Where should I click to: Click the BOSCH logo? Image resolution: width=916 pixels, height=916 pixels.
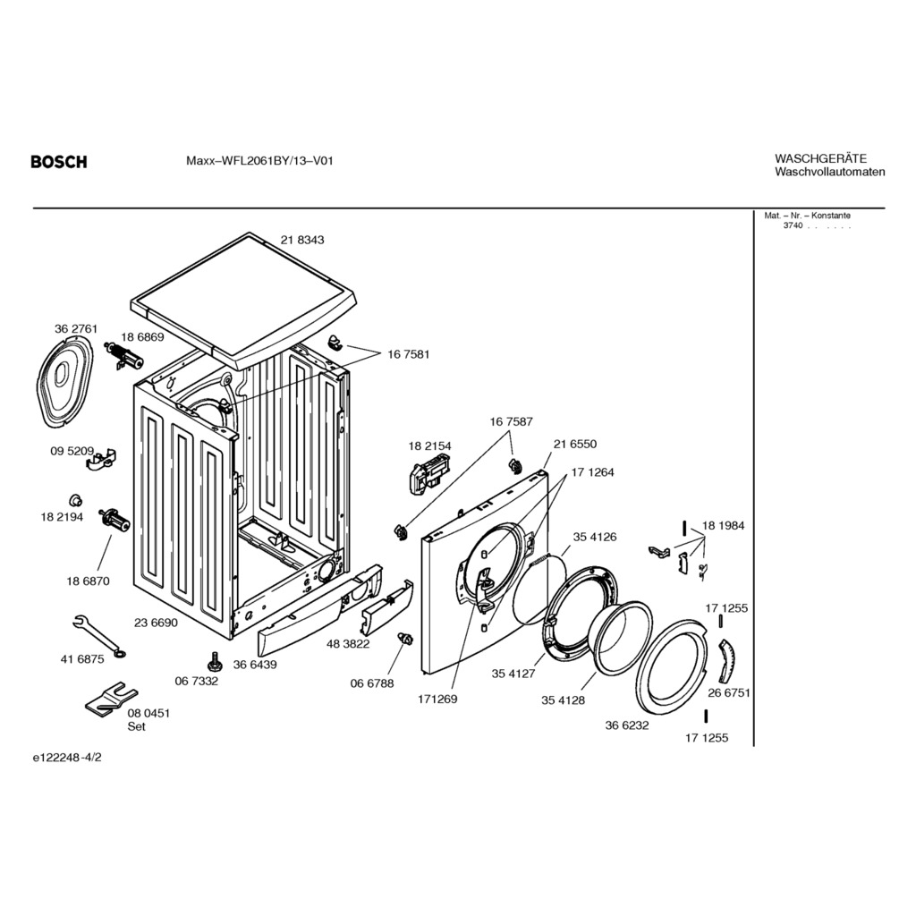[x=59, y=161]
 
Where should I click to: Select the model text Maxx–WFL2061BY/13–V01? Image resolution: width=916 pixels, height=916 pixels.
[x=259, y=161]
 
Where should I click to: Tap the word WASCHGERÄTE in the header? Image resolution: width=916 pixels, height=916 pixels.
[x=821, y=158]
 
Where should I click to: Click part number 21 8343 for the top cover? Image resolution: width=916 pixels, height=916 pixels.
[x=302, y=240]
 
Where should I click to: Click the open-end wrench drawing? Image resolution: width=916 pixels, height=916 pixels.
[x=99, y=636]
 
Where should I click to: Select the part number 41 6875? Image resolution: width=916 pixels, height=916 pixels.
[x=82, y=659]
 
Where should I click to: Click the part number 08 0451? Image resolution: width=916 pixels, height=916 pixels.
[x=149, y=713]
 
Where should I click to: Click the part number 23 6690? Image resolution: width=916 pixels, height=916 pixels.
[x=156, y=623]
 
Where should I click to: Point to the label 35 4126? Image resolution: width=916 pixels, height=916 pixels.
[x=594, y=537]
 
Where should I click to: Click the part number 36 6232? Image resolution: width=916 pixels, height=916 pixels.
[x=627, y=725]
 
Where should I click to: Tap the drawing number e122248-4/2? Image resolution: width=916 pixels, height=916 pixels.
[x=67, y=758]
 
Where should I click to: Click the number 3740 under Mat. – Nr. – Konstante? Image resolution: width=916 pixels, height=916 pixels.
[x=793, y=225]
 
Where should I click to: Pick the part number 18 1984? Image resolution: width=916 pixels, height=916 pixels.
[x=723, y=526]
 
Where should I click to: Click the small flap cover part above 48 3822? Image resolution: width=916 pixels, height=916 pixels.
[x=387, y=607]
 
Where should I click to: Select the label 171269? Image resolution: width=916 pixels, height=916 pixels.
[x=437, y=700]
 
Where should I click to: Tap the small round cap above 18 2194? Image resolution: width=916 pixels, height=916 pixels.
[x=75, y=500]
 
